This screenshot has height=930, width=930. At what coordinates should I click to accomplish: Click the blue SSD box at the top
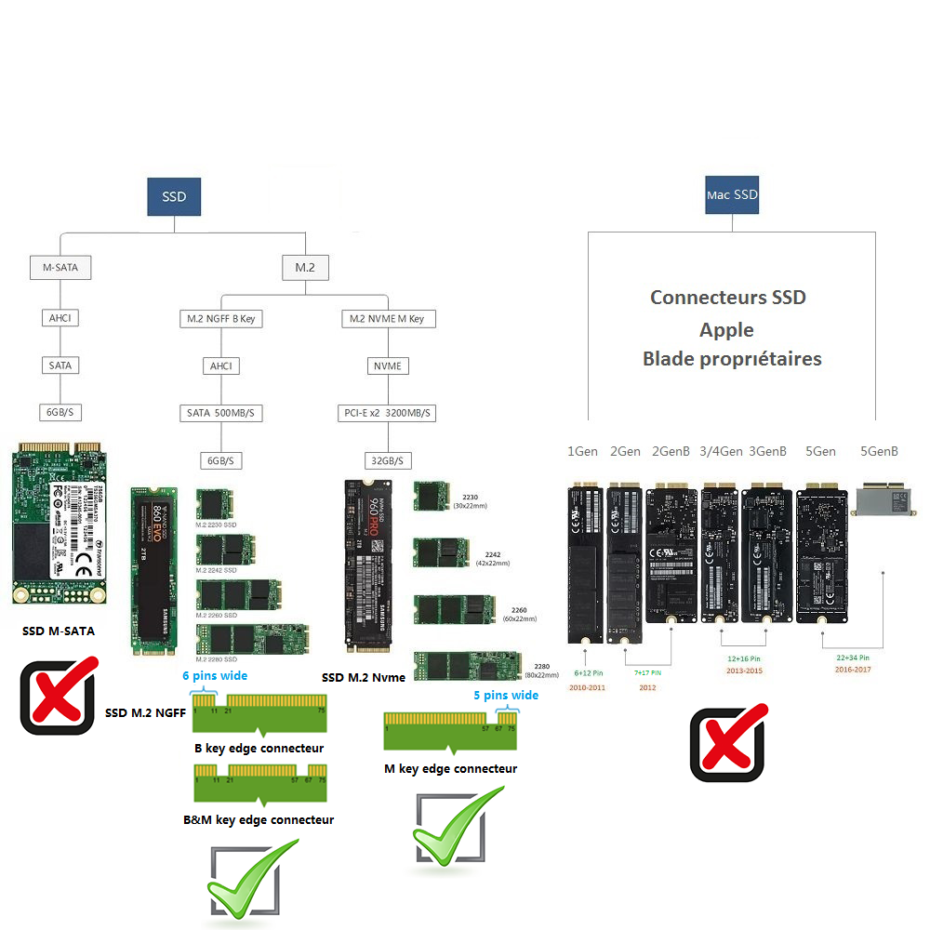174,197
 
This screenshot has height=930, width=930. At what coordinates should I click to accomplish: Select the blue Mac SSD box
732,195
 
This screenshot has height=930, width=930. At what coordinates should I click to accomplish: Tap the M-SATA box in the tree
60,268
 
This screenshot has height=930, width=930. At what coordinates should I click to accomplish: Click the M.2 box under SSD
305,268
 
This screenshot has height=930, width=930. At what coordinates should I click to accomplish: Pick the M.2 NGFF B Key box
221,319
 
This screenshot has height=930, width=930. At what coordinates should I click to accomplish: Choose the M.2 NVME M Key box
387,319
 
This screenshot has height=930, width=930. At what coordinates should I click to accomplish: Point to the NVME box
387,365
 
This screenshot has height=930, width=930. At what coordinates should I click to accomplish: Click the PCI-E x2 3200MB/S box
387,412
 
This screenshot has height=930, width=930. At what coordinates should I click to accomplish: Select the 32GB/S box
387,460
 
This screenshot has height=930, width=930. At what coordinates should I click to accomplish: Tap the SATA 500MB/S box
221,412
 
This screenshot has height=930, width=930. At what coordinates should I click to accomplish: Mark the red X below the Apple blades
727,742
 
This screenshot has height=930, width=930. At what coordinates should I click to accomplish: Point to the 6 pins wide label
215,676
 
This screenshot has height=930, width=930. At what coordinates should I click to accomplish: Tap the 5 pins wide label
506,695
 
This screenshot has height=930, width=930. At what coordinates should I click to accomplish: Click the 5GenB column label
879,452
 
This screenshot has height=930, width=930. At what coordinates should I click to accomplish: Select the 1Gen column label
583,452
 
